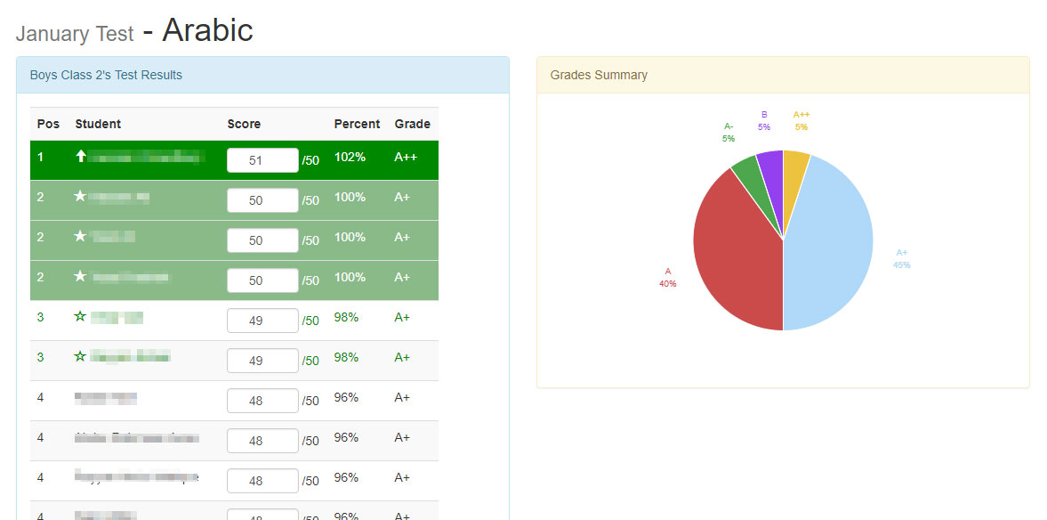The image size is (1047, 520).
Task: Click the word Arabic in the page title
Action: click(x=207, y=30)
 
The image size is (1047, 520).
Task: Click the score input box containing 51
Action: click(x=262, y=160)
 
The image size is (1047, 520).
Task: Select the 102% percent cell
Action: click(x=350, y=158)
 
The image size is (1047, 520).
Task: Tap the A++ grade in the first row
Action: click(x=406, y=158)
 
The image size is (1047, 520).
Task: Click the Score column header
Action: click(x=244, y=124)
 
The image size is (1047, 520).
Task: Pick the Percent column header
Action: click(x=357, y=124)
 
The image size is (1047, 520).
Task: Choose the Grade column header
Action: click(x=412, y=124)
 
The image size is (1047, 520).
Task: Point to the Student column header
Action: click(x=98, y=124)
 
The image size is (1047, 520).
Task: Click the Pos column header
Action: click(x=48, y=124)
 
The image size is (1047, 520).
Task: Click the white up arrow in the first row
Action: click(x=81, y=157)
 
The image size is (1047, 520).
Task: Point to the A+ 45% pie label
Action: click(x=902, y=258)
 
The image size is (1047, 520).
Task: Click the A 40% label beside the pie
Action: click(x=667, y=278)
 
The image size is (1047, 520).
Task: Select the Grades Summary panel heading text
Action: click(x=599, y=75)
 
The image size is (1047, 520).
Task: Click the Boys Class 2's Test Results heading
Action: click(x=106, y=75)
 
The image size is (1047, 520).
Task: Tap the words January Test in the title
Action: click(x=75, y=34)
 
